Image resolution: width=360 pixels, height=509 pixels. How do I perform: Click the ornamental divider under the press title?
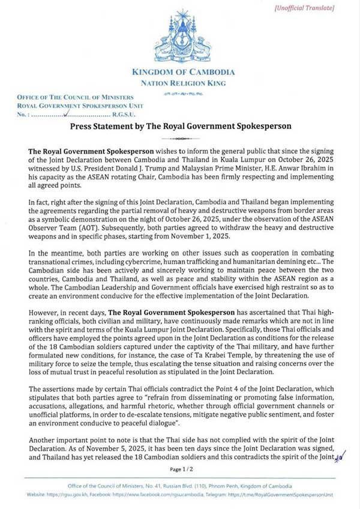(x=180, y=137)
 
